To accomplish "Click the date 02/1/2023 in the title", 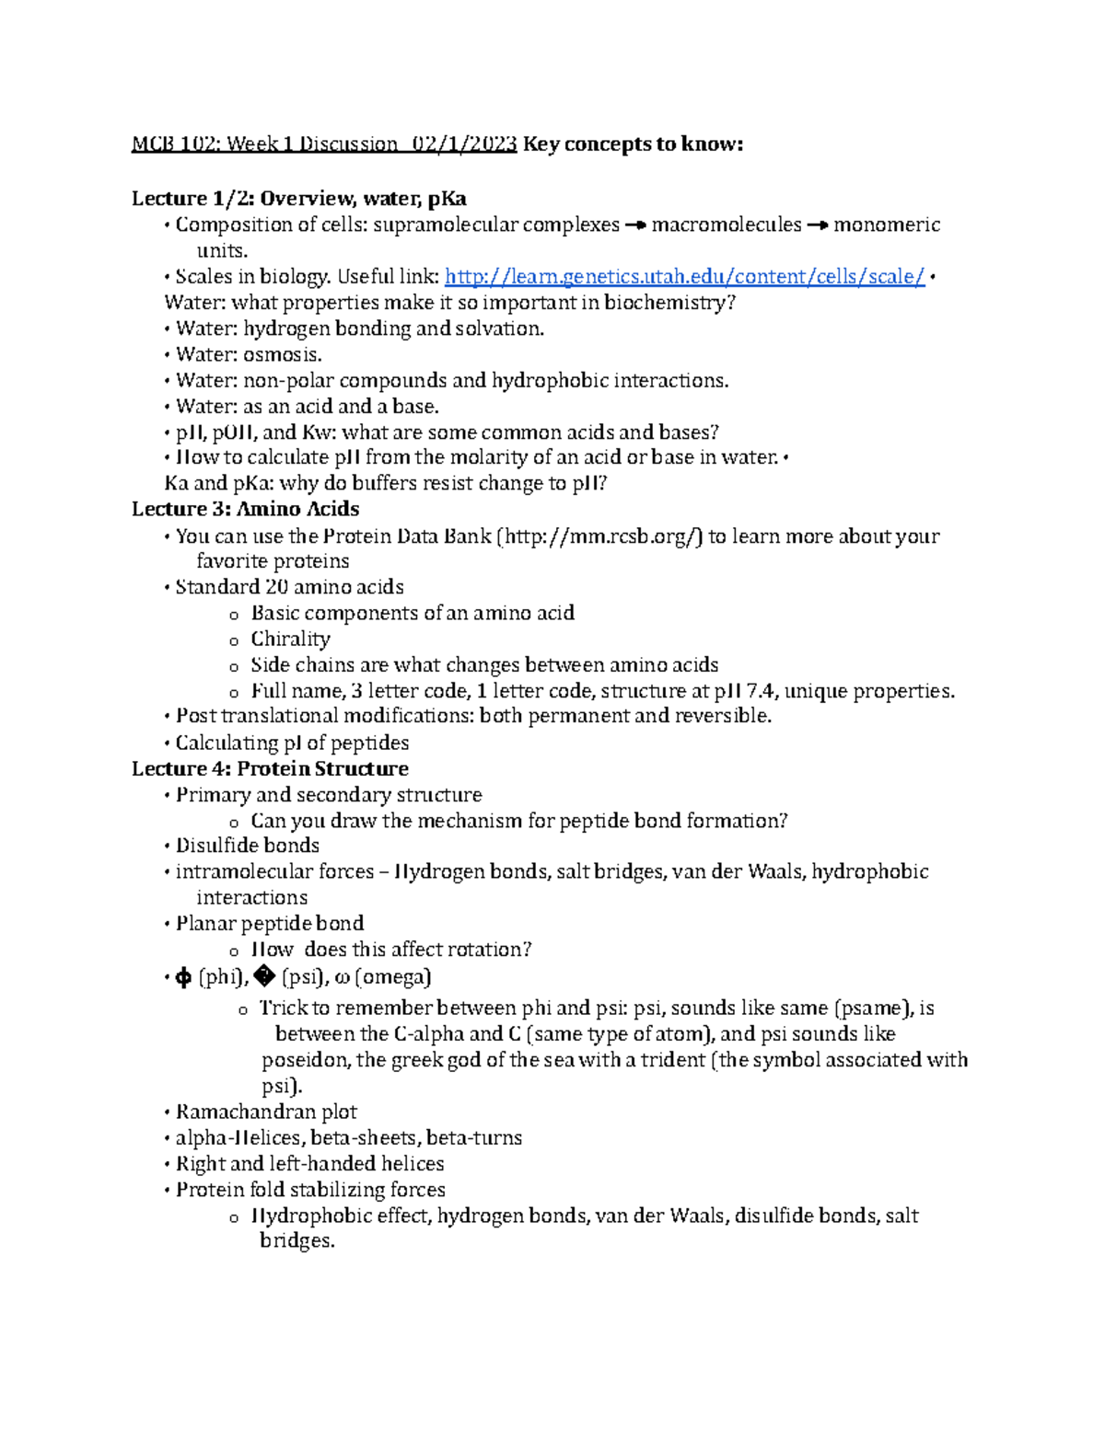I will click(x=464, y=144).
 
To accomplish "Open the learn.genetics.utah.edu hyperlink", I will click(x=684, y=277).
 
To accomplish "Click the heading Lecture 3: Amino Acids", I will click(x=245, y=509).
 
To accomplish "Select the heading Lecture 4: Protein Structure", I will click(x=270, y=768).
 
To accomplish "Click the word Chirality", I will click(x=290, y=639).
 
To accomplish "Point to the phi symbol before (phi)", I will click(x=183, y=978).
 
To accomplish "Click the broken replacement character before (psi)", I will click(x=264, y=978).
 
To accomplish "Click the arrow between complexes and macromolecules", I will click(x=635, y=225).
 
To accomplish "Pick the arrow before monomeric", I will click(x=818, y=225).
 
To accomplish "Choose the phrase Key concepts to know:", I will click(x=633, y=144).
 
